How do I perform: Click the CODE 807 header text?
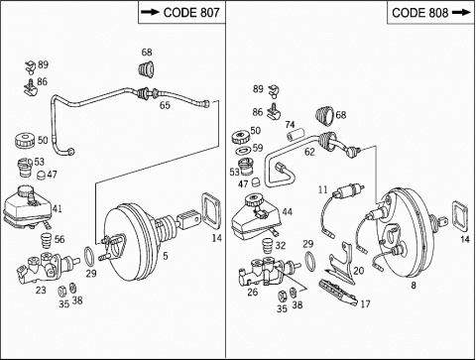pyautogui.click(x=191, y=13)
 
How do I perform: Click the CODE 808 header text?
pyautogui.click(x=419, y=13)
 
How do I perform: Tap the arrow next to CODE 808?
pyautogui.click(x=461, y=13)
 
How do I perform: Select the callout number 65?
pyautogui.click(x=165, y=105)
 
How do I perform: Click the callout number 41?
pyautogui.click(x=57, y=208)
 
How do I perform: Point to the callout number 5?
pyautogui.click(x=166, y=256)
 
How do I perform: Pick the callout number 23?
pyautogui.click(x=41, y=291)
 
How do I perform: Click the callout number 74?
pyautogui.click(x=290, y=125)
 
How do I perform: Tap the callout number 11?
pyautogui.click(x=323, y=189)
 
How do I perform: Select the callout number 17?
pyautogui.click(x=365, y=303)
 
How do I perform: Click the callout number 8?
pyautogui.click(x=414, y=285)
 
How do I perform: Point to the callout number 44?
pyautogui.click(x=288, y=211)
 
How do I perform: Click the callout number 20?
pyautogui.click(x=359, y=271)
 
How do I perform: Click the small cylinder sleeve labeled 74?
pyautogui.click(x=296, y=135)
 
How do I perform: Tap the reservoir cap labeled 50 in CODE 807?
pyautogui.click(x=25, y=141)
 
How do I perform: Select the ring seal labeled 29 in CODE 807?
pyautogui.click(x=89, y=256)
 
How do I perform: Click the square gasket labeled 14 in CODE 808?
pyautogui.click(x=460, y=216)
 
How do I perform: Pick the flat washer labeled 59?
pyautogui.click(x=244, y=151)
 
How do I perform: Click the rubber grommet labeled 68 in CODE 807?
pyautogui.click(x=146, y=69)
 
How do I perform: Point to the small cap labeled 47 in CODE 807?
pyautogui.click(x=41, y=175)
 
